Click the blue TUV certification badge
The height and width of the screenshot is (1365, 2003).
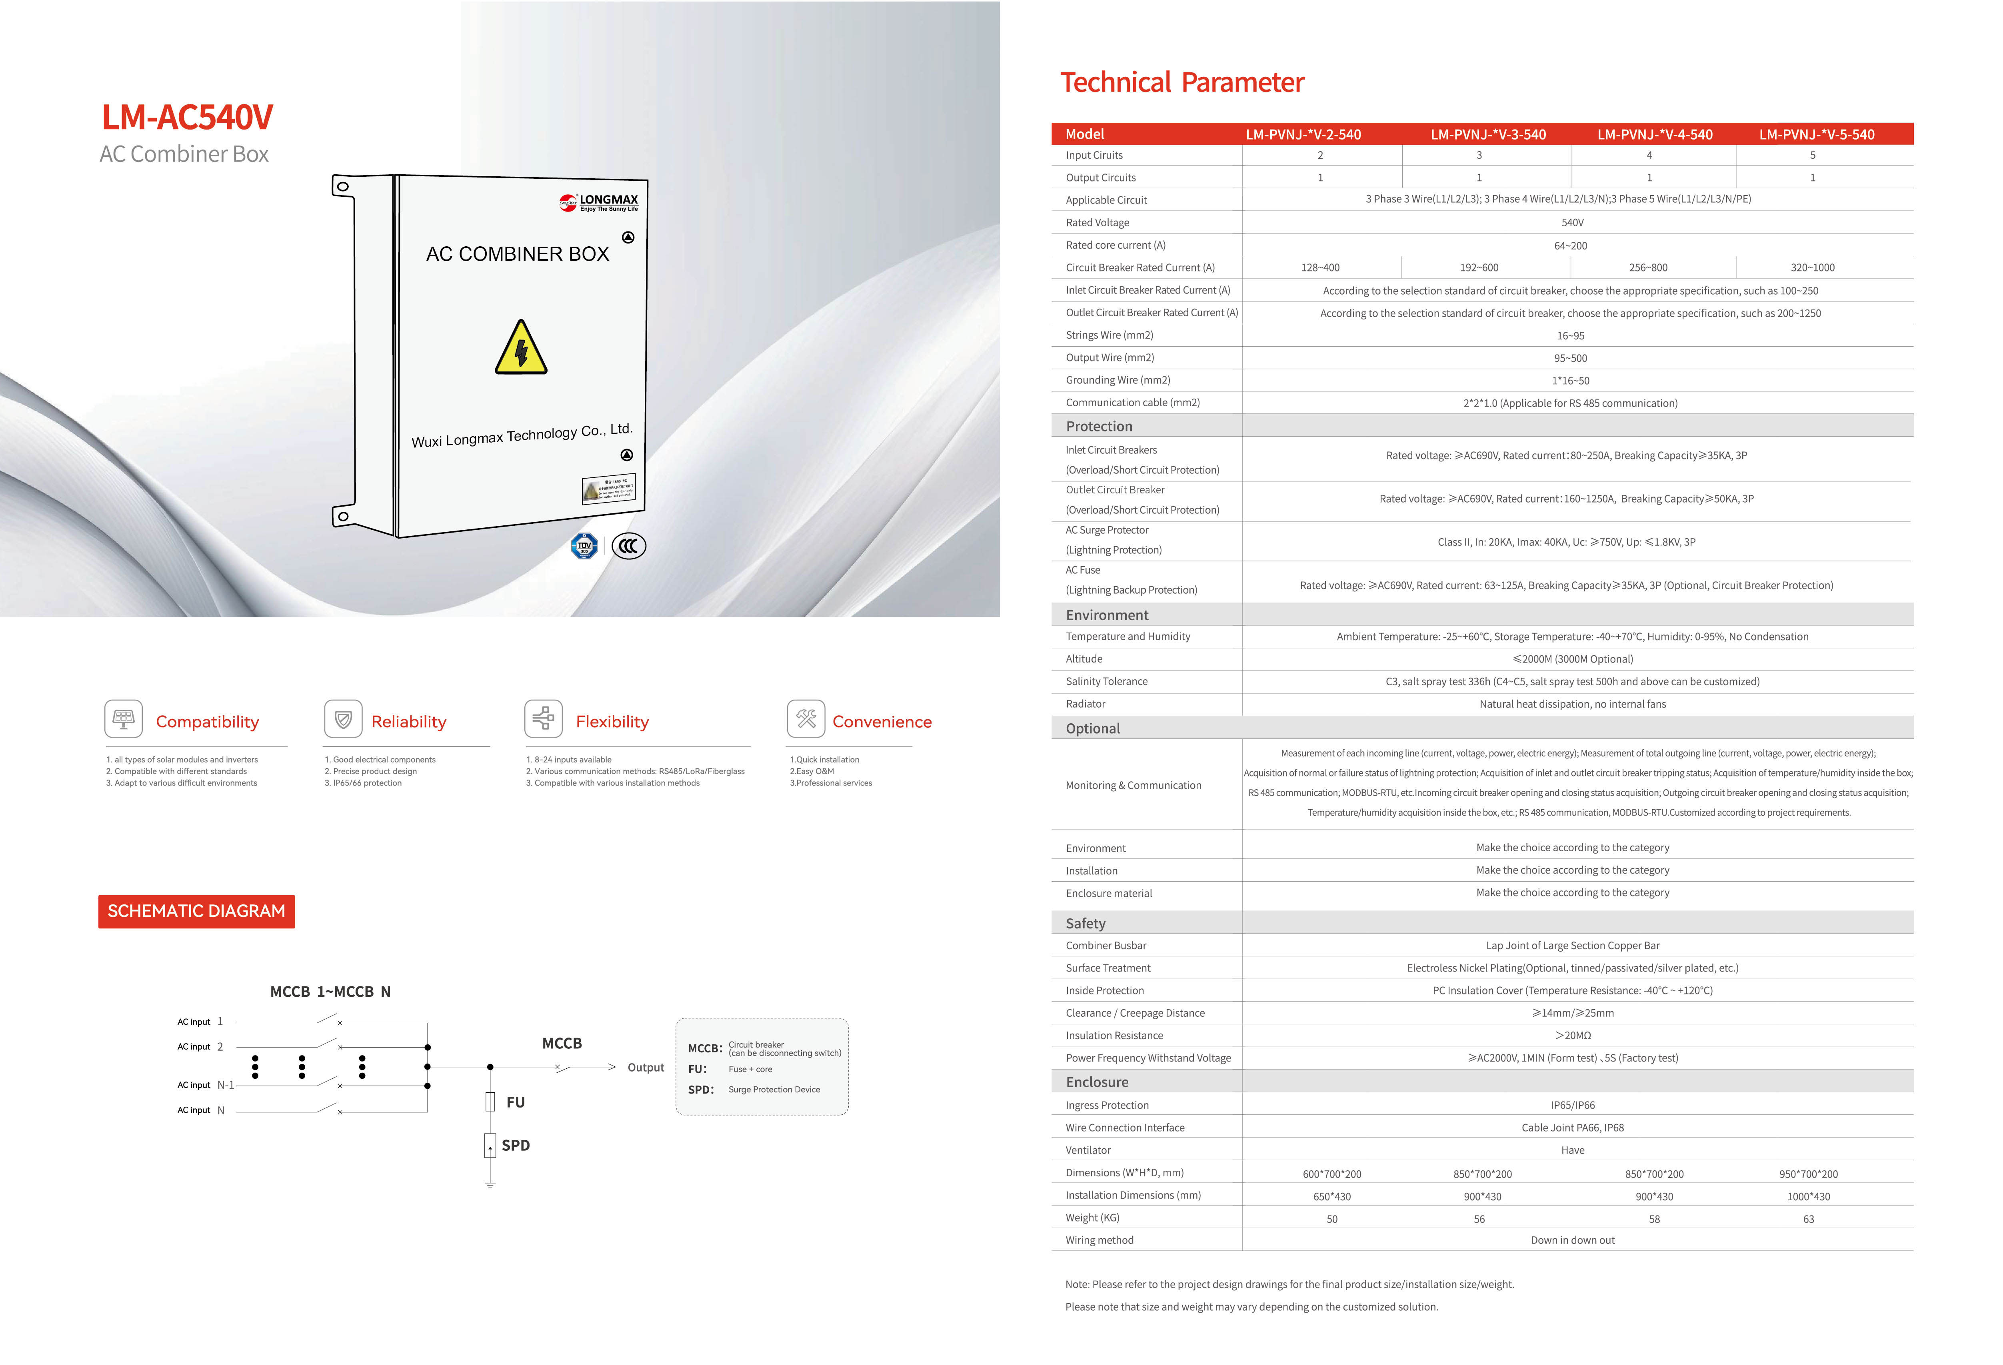[584, 545]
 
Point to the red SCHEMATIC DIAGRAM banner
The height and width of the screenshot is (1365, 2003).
[196, 911]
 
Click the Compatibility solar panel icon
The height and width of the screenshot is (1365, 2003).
[123, 719]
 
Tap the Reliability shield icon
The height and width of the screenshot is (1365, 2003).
[343, 719]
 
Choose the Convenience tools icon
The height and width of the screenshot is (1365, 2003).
[806, 719]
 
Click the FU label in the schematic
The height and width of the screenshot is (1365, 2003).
[516, 1102]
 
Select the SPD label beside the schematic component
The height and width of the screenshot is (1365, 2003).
[516, 1145]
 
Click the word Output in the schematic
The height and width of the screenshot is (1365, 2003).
[646, 1068]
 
